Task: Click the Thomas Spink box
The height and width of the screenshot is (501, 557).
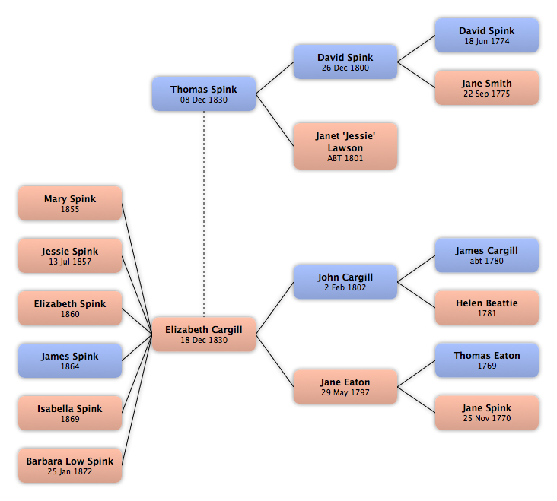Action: coord(204,94)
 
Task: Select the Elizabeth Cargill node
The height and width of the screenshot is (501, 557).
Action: coord(204,335)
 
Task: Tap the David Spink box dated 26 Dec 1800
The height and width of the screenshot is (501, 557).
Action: coord(345,62)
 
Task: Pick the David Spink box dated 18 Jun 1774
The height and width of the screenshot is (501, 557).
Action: coord(487,36)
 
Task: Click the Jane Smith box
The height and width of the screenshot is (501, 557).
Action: coord(487,87)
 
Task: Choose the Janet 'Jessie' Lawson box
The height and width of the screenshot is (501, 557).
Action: coord(345,146)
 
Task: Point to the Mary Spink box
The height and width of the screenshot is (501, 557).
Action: coord(70,203)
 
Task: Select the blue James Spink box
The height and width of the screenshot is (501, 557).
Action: coord(70,360)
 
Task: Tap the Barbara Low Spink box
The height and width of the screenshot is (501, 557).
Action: coord(70,465)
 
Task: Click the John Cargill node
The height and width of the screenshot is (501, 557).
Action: coord(345,282)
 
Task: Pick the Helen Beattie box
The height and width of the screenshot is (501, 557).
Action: coord(487,308)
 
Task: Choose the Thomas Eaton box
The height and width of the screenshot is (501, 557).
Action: coord(487,360)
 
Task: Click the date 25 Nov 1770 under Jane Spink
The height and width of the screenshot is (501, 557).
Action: coord(487,418)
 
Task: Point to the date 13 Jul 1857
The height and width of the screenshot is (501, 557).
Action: coord(70,262)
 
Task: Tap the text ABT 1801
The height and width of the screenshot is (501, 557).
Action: coord(345,158)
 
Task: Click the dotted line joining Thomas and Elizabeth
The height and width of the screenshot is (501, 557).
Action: coord(204,214)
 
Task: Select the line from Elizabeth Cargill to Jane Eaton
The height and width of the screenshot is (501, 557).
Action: coord(275,360)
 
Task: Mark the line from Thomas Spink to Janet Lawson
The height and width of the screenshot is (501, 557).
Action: coord(275,120)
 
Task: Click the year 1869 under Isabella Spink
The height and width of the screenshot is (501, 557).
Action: coord(70,419)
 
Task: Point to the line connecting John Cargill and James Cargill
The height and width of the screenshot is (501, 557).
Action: coord(416,268)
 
